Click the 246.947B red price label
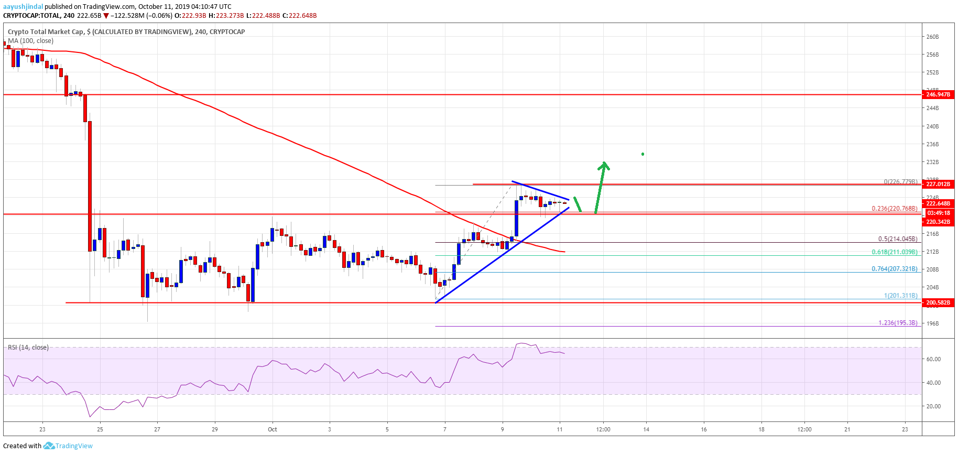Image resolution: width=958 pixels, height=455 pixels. coord(938,95)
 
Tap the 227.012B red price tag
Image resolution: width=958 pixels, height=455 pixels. coord(938,185)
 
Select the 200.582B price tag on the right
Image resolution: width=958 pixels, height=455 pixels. coord(938,303)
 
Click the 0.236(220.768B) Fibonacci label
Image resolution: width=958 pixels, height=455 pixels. coord(894,209)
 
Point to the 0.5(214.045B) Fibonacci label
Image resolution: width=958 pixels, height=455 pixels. coord(898,239)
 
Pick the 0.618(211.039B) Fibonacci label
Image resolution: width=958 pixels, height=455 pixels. coord(894,252)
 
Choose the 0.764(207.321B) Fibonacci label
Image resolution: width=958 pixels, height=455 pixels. coord(894,269)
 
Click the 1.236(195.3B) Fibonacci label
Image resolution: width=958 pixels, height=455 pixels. coord(898,323)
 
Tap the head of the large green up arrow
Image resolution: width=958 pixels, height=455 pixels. coord(604,165)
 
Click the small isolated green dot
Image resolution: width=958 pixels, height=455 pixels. coord(643,154)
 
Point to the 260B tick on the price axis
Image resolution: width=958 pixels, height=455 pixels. coord(932,37)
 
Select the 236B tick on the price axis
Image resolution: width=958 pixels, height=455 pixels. coord(932,145)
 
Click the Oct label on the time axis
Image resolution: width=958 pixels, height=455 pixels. coord(273,430)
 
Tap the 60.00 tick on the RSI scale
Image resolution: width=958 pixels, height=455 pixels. coord(933,360)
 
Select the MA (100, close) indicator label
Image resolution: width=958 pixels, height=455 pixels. coord(30,41)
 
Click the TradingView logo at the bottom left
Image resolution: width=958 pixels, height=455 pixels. coord(68,446)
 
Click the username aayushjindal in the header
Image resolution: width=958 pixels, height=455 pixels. coord(23,7)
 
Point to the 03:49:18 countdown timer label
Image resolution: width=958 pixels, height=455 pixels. coord(938,213)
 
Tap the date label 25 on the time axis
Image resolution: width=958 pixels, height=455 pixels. coord(100,430)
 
